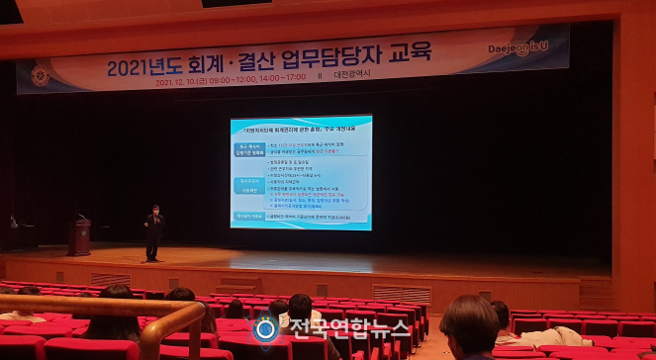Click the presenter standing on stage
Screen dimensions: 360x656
(x=153, y=232)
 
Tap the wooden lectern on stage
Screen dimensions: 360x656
(x=79, y=236)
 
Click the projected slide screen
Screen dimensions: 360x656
(x=301, y=172)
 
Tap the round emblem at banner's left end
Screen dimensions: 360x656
(x=40, y=76)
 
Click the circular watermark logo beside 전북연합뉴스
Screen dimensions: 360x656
(x=265, y=330)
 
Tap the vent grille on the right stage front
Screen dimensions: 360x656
(x=402, y=294)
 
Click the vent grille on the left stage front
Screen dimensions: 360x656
(x=110, y=279)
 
